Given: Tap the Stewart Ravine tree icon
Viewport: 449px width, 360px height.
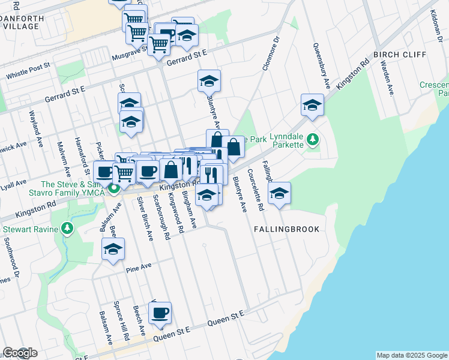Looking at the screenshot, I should click(67, 229).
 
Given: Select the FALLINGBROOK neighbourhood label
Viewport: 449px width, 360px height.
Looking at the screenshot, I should click(286, 229).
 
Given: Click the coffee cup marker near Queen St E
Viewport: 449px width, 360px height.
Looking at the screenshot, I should click(160, 313).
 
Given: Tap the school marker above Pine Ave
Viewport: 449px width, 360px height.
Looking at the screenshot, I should click(113, 250).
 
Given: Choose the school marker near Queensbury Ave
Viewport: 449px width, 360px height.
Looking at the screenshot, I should click(312, 105).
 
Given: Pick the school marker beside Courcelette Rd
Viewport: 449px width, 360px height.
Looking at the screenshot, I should click(279, 194).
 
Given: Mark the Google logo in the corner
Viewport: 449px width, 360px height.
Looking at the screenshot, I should click(20, 353).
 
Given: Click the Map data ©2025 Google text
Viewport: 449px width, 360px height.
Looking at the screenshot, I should click(412, 355).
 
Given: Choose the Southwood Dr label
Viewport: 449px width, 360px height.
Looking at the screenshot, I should click(13, 256).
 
